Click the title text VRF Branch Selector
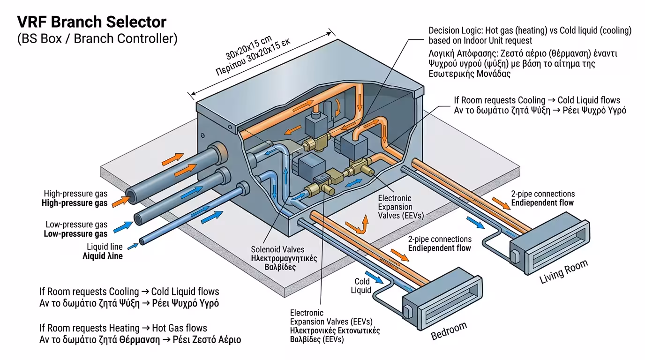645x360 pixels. [91, 22]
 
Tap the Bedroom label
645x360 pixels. [449, 331]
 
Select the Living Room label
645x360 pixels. [563, 272]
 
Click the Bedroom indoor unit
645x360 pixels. [440, 300]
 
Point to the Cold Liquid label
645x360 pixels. [362, 286]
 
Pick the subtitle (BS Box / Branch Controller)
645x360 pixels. [97, 39]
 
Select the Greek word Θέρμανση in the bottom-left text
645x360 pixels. [139, 339]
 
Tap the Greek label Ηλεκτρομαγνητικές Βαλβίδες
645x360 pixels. [284, 262]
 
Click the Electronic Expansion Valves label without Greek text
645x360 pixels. [395, 207]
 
